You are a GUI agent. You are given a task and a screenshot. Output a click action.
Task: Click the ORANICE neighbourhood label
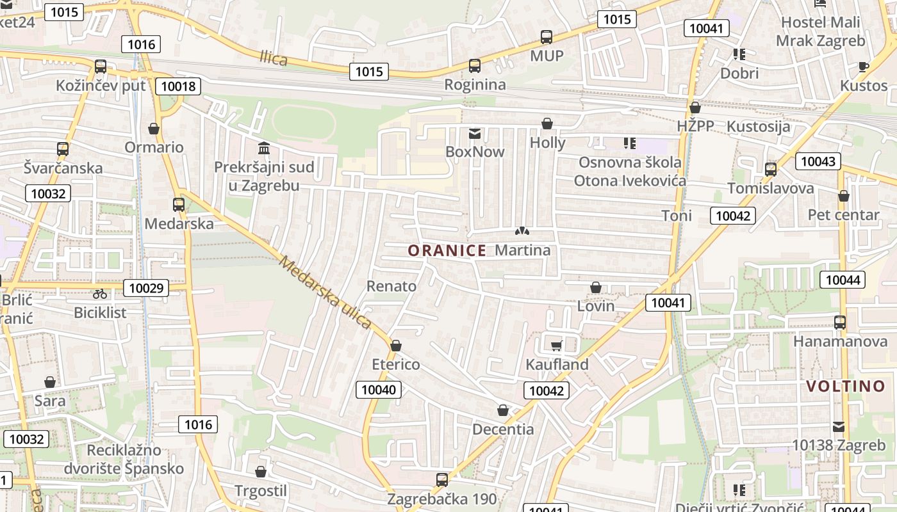pos(447,250)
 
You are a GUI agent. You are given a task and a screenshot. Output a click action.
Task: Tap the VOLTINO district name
pos(845,386)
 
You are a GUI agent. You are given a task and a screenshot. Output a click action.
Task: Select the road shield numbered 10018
pos(178,86)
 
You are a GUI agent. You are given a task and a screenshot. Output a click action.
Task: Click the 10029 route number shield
pos(146,288)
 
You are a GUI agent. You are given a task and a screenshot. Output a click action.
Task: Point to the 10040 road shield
pos(379,389)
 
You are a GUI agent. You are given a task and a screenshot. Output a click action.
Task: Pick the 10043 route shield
pos(818,161)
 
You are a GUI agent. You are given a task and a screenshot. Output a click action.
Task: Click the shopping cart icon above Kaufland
pos(556,346)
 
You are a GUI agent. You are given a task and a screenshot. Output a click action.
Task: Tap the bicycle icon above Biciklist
pos(100,294)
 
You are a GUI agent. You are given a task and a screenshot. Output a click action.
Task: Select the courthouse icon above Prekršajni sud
pos(263,148)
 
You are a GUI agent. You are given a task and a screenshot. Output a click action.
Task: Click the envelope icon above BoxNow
pos(475,134)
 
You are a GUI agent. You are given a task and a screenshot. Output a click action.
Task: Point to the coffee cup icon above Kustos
pos(863,67)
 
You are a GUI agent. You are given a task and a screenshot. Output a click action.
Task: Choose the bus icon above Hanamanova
pos(839,323)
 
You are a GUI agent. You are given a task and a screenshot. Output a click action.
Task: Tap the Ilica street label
pos(274,58)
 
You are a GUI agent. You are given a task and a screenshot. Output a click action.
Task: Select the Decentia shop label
pos(503,429)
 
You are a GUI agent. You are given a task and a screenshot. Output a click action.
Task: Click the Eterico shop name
pos(396,364)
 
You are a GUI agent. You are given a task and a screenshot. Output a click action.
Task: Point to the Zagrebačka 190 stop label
pos(442,498)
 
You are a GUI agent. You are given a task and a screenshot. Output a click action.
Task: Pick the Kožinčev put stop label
pos(101,85)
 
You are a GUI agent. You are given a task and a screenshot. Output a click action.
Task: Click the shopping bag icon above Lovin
pos(595,287)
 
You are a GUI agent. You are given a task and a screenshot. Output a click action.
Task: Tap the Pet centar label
pos(843,214)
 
